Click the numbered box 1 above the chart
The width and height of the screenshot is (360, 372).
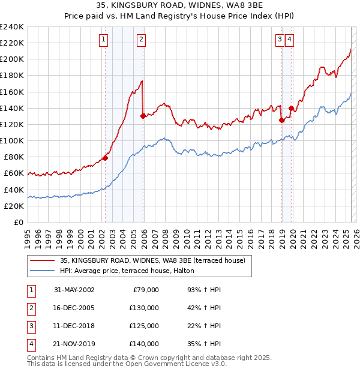point(104,40)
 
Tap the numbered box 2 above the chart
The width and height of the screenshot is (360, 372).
point(140,40)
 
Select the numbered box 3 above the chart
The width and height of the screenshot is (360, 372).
point(280,40)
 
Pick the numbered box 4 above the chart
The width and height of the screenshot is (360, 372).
point(290,40)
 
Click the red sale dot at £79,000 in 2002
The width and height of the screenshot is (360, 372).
point(105,158)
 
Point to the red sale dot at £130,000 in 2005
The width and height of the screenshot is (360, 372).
point(143,116)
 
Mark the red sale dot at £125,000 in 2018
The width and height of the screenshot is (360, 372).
point(281,120)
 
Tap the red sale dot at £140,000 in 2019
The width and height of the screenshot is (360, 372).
point(291,108)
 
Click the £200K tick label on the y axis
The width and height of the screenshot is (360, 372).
point(12,59)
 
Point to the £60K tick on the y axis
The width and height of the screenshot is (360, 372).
point(14,173)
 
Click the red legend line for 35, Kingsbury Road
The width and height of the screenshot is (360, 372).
point(42,260)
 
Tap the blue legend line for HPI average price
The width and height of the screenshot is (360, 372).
point(42,271)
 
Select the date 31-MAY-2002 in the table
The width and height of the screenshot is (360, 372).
point(74,290)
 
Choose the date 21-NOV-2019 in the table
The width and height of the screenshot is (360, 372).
point(74,344)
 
